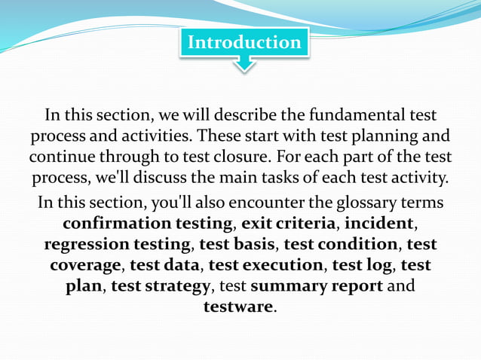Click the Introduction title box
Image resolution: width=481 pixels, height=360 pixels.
point(244,42)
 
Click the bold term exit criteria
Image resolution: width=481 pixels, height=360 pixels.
point(288,224)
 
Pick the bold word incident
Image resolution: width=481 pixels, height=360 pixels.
point(379,224)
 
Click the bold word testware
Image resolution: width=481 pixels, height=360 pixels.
point(238,307)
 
